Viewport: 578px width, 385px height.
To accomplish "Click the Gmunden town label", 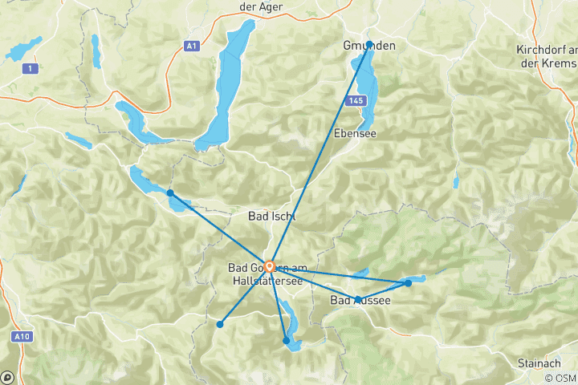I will [370, 47].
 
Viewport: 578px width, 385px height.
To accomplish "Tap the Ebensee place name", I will [355, 133].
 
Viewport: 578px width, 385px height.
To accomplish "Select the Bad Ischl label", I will [271, 216].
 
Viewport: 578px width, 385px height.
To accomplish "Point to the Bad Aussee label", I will [360, 301].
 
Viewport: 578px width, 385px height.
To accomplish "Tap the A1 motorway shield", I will [191, 47].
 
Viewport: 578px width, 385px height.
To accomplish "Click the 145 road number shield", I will [356, 100].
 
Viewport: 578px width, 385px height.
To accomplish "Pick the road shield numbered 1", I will [31, 69].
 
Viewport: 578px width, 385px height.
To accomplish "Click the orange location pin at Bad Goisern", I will [270, 266].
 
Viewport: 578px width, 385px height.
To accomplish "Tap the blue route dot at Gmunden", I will [369, 44].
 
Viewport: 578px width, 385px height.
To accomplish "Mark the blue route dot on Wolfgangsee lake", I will [169, 192].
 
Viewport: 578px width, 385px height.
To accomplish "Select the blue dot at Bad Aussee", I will [356, 300].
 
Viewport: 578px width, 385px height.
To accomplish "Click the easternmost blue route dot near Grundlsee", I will [409, 282].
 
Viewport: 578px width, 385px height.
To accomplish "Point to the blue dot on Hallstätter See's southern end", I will [287, 341].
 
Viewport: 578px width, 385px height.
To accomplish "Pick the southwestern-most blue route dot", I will [219, 324].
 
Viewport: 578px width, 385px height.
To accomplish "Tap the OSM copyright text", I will [559, 378].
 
